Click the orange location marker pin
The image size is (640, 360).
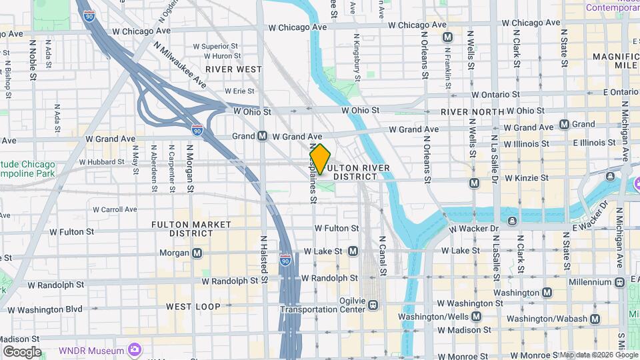[320, 159]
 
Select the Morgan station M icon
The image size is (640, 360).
[197, 253]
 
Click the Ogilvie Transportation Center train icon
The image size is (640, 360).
[373, 305]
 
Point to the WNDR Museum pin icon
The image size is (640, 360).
[135, 349]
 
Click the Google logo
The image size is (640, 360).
[22, 351]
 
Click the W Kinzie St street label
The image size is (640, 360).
[526, 178]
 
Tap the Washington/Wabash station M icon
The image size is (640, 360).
[593, 319]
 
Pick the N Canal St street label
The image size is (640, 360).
[383, 255]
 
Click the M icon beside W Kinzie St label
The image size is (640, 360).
[474, 183]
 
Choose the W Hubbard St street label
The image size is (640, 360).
[101, 162]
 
